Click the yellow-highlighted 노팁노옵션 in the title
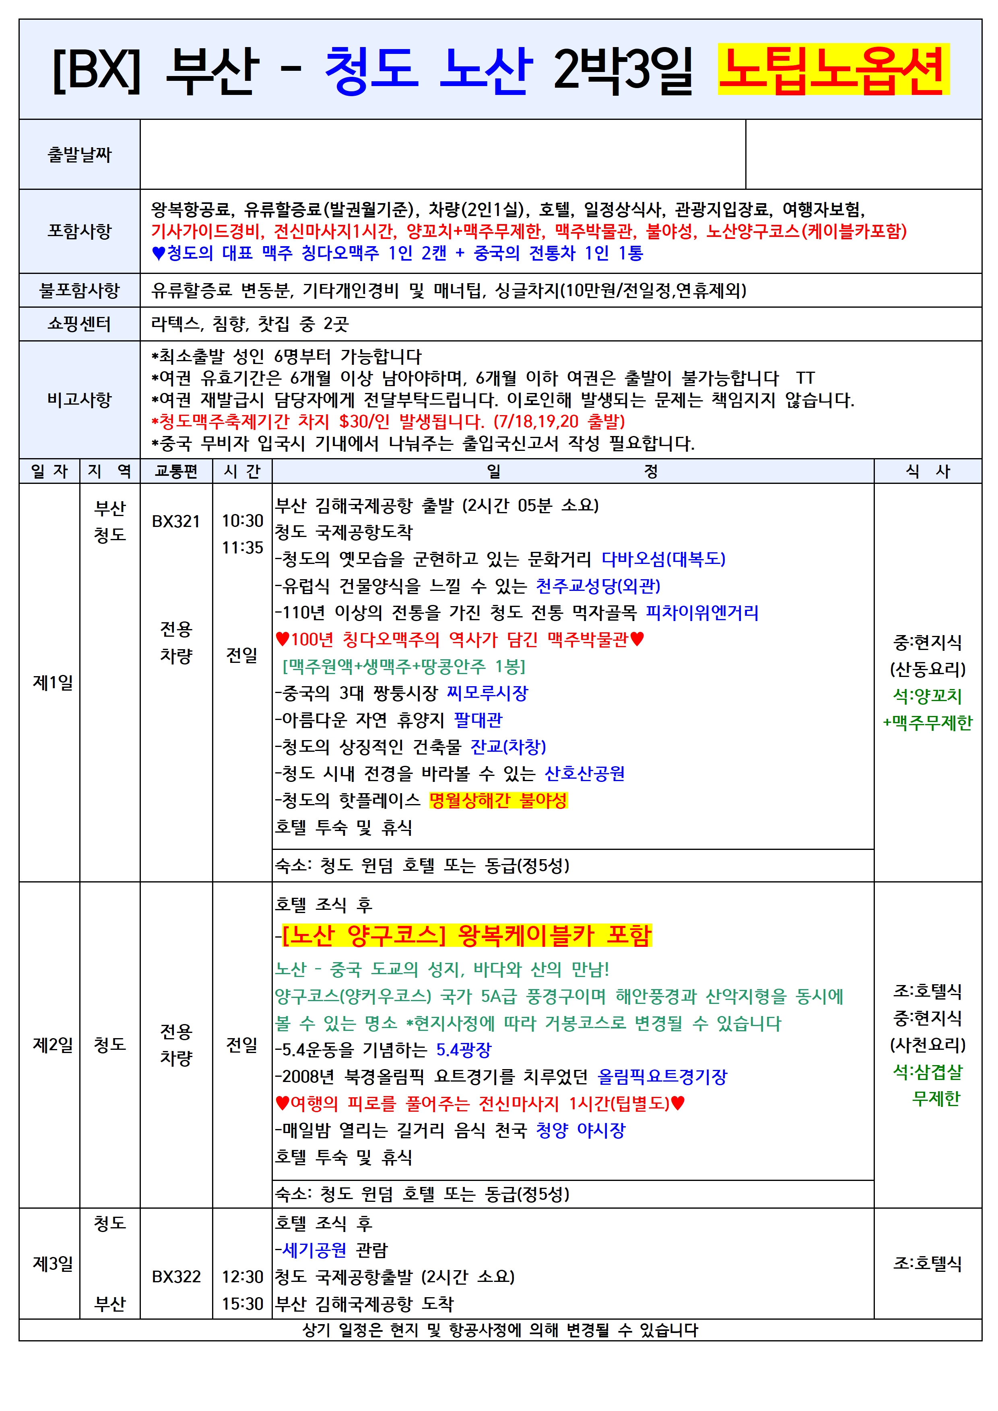coord(833,70)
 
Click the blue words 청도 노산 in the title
coord(428,70)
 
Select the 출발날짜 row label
coord(79,154)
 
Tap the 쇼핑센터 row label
coord(79,324)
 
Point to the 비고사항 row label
coord(79,399)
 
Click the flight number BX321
coord(176,521)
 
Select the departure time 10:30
coord(242,520)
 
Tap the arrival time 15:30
coord(242,1304)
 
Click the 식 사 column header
coord(927,471)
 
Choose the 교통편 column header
coord(176,471)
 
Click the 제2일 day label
coord(52,1044)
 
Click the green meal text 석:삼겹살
coord(927,1072)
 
